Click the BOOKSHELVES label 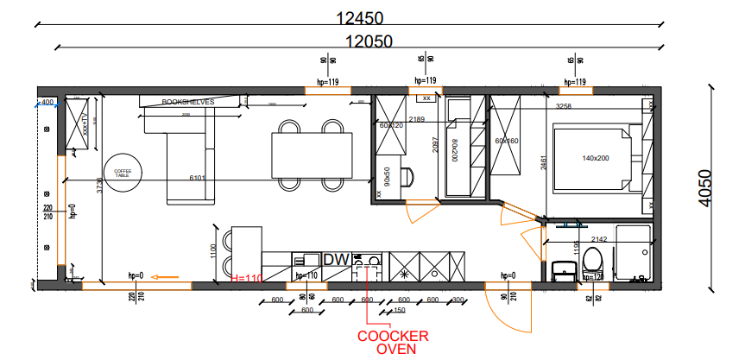pos(187,102)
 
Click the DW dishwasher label pos(335,259)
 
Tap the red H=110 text pos(247,278)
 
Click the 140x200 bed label pos(596,159)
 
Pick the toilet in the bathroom pos(592,260)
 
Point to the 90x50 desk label pos(388,176)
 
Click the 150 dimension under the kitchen pos(398,310)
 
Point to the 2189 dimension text pos(418,118)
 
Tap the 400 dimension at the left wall pos(47,102)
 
